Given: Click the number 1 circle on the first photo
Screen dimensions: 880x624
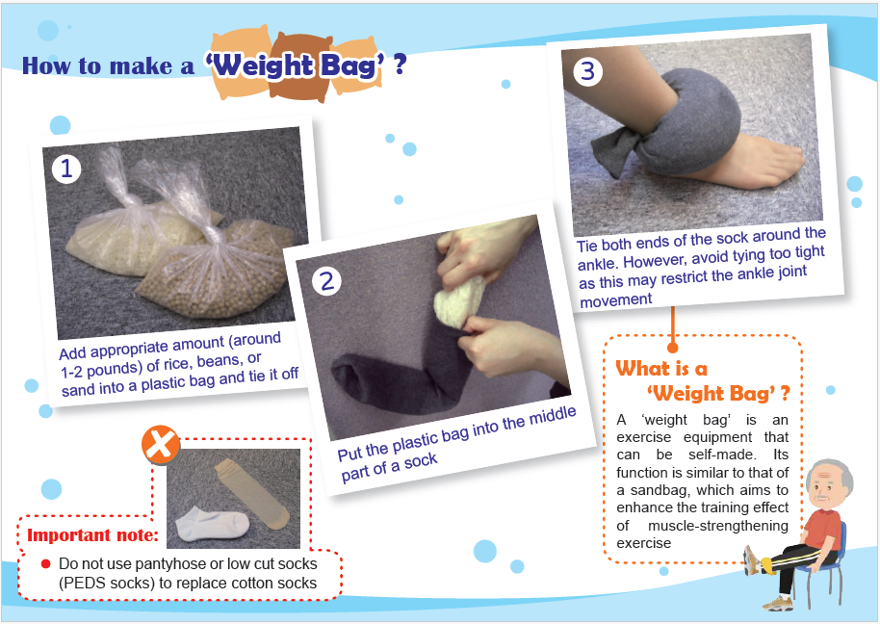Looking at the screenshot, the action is pos(66,169).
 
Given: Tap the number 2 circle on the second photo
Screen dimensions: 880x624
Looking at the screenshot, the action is pos(326,280).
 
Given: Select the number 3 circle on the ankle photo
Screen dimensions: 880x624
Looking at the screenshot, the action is pos(587,71).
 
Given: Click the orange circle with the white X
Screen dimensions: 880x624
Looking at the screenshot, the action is pos(161,445).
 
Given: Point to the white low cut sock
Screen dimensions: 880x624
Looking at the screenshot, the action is pos(212,524).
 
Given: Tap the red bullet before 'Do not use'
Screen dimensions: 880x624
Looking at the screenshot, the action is pos(45,563).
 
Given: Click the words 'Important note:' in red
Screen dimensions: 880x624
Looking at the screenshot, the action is pos(92,534).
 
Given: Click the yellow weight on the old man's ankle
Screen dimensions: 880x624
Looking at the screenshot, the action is pos(765,563).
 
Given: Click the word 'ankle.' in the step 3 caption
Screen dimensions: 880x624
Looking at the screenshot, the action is pos(598,264).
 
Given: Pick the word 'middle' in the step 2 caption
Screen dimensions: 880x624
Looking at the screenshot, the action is pos(553,417).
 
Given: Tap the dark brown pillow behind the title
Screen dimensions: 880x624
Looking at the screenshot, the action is pos(300,66).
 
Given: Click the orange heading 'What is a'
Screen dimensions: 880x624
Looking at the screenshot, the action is pos(661,369).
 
